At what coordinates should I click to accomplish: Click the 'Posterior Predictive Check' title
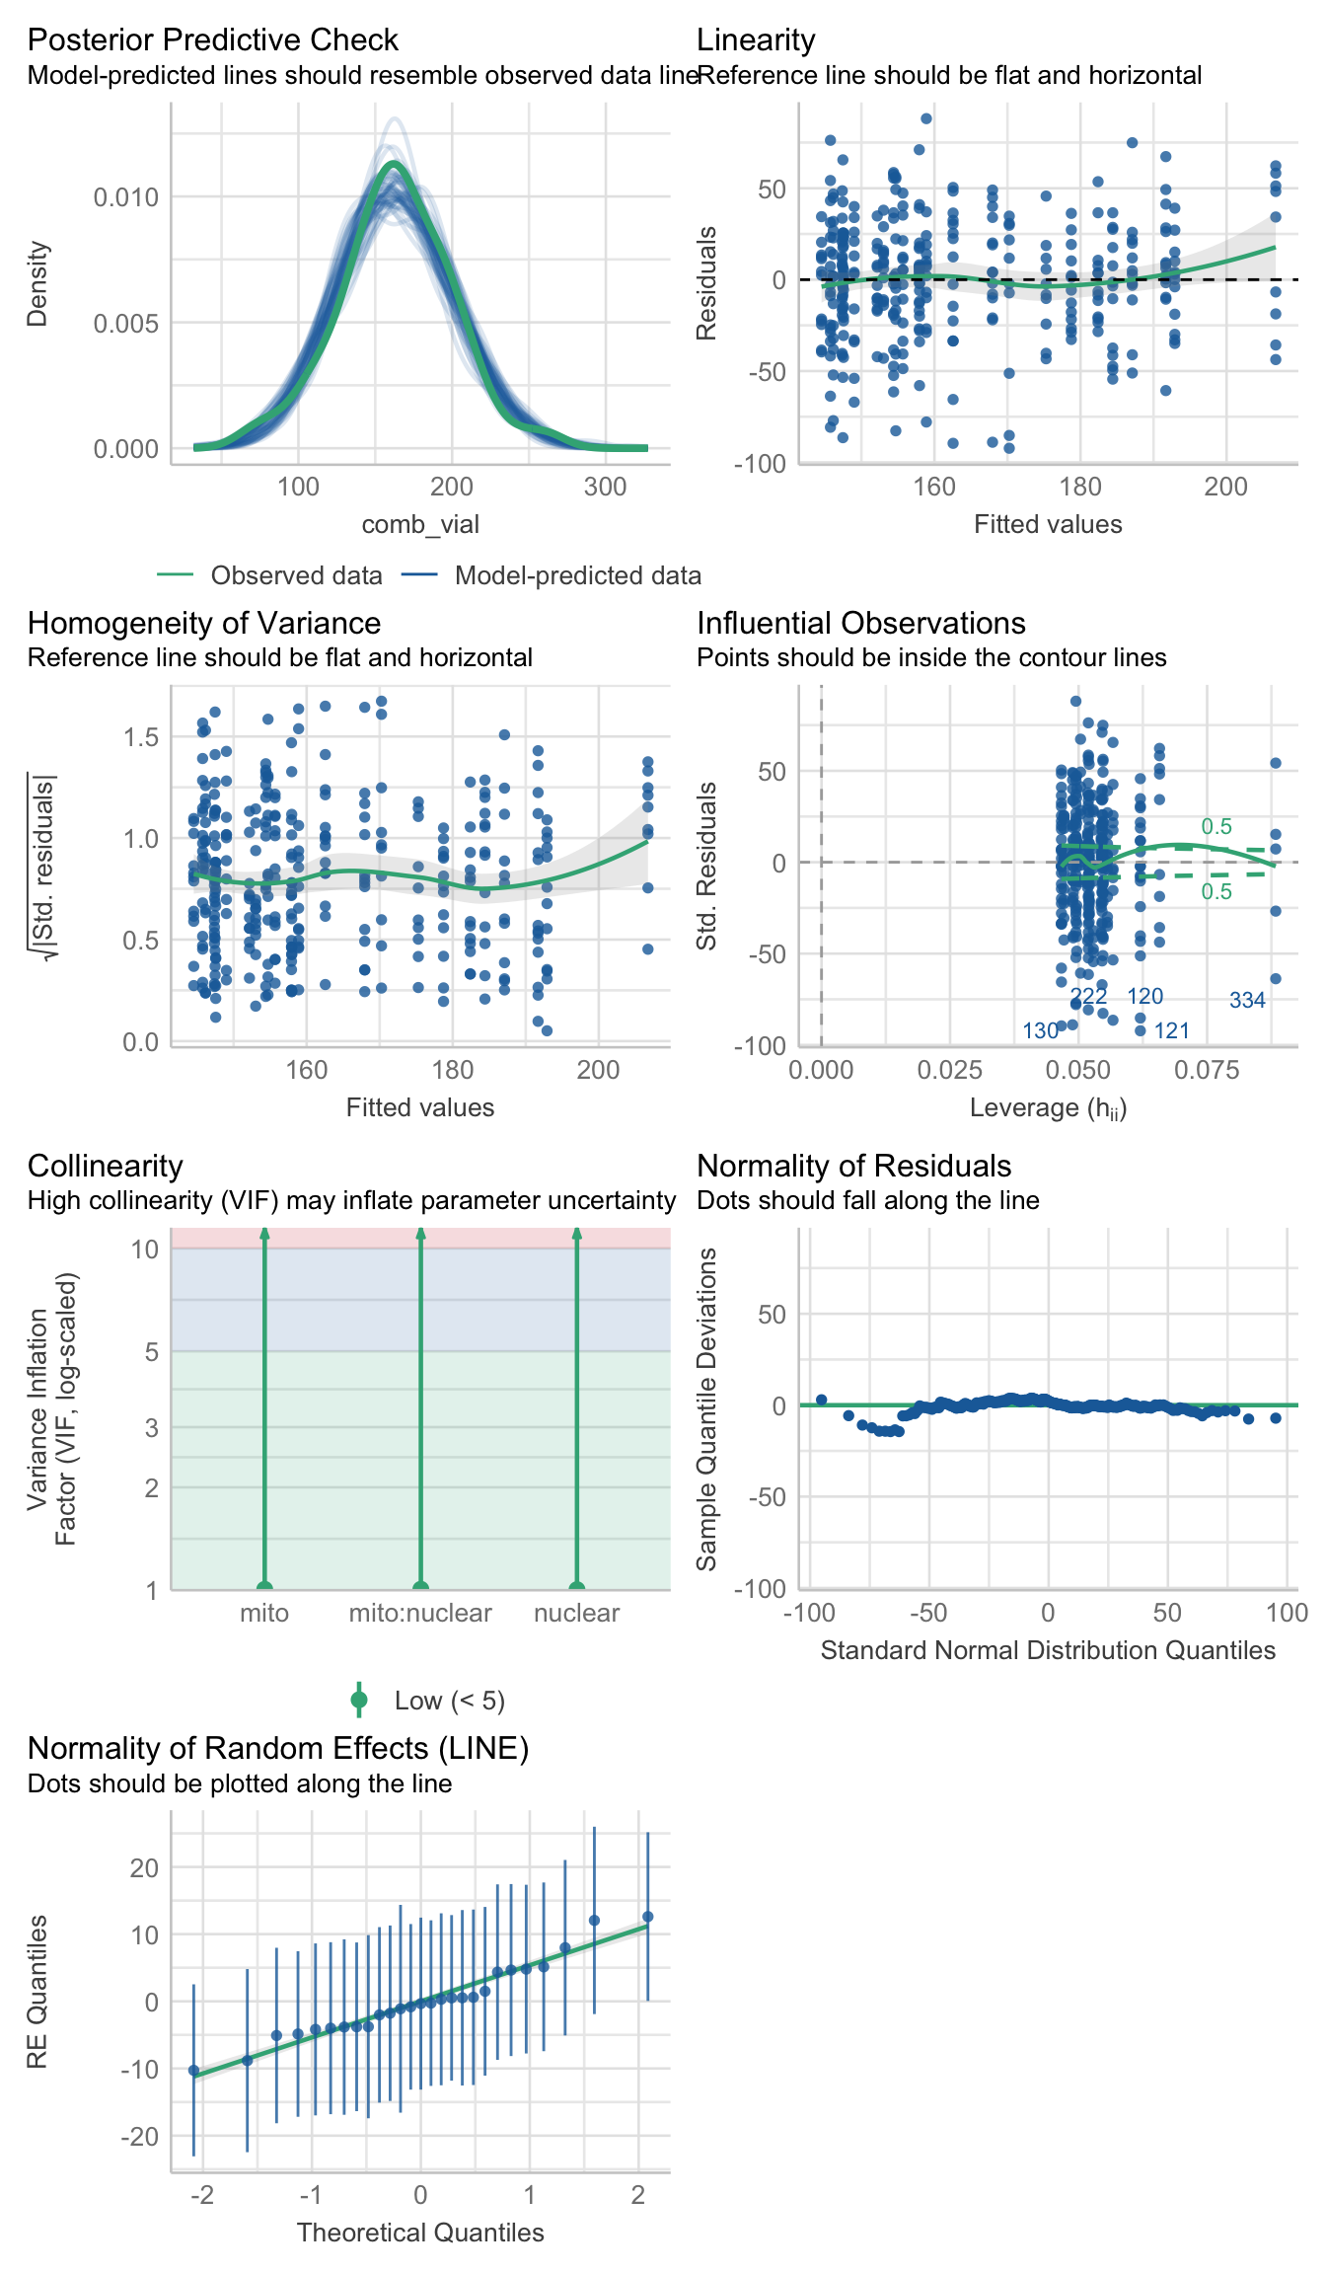(212, 39)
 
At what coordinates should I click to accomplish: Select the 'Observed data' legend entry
(296, 575)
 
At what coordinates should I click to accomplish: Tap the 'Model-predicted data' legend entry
(577, 575)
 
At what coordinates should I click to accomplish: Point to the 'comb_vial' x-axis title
(420, 524)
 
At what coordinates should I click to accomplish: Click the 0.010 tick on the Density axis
(125, 197)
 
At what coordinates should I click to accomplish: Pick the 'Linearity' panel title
(756, 39)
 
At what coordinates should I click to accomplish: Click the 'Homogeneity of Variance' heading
(204, 623)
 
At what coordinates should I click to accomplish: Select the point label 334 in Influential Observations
(1247, 1000)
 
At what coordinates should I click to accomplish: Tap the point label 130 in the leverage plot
(1040, 1030)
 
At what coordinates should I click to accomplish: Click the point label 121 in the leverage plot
(1172, 1030)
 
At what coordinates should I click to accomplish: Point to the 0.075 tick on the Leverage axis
(1207, 1070)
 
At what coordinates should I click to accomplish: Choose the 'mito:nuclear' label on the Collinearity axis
(420, 1613)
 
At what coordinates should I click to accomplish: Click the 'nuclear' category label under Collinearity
(576, 1613)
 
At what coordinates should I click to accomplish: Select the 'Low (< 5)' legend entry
(449, 1701)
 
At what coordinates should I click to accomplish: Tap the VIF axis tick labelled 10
(145, 1250)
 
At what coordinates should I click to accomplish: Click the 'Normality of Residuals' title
(853, 1166)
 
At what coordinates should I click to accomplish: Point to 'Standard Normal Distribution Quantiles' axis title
(1048, 1650)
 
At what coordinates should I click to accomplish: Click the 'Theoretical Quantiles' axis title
(420, 2233)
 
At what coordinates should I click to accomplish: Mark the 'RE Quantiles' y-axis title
(37, 1992)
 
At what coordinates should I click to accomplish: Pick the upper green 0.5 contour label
(1216, 826)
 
